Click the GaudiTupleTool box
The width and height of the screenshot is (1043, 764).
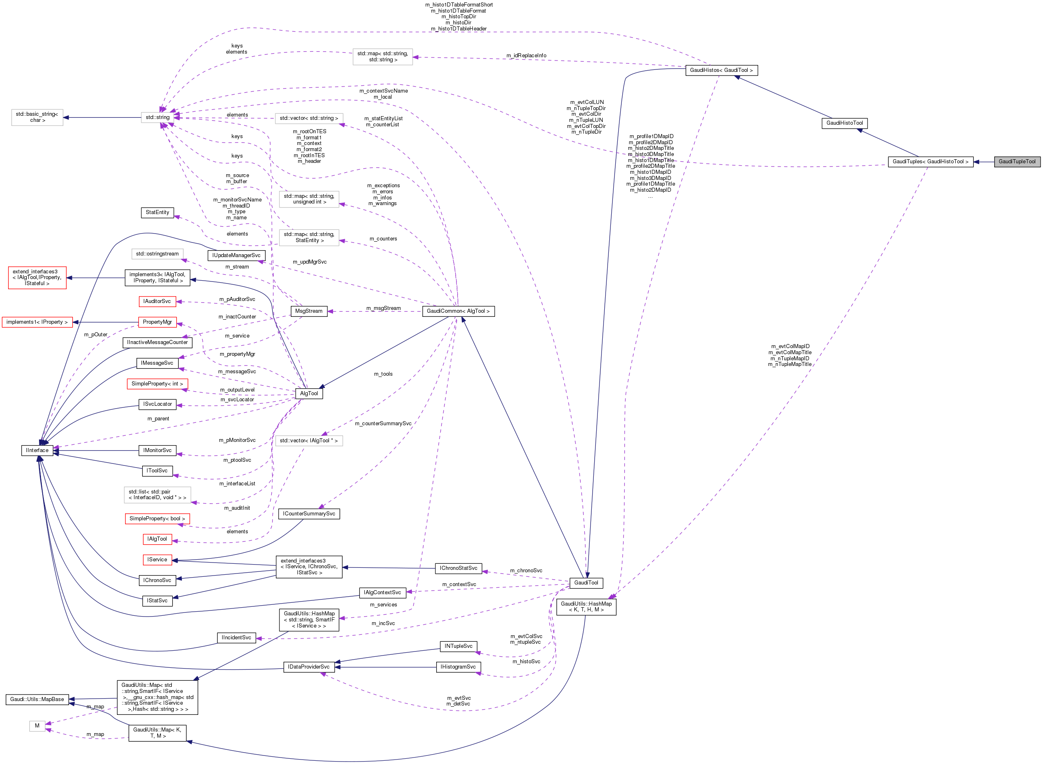1017,161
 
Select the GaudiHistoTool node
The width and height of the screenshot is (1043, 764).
844,123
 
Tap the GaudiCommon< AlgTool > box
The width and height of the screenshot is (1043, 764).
458,311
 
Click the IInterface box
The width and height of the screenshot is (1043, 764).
37,450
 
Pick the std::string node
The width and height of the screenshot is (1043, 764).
158,117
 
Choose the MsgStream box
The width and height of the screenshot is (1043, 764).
308,311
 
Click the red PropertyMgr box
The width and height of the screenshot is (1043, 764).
157,322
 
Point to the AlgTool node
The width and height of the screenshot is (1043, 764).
309,393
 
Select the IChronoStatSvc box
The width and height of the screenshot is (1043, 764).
458,568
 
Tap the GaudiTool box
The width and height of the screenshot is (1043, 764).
586,583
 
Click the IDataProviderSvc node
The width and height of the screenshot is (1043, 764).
308,667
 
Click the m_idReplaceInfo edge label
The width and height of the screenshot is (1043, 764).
526,56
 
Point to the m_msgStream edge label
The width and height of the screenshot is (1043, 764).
383,308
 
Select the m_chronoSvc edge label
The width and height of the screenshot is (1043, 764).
526,570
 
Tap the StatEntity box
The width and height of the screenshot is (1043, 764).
157,212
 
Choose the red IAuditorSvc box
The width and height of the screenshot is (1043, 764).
157,301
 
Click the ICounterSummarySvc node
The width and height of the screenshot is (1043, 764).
309,513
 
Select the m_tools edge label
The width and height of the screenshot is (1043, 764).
383,374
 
